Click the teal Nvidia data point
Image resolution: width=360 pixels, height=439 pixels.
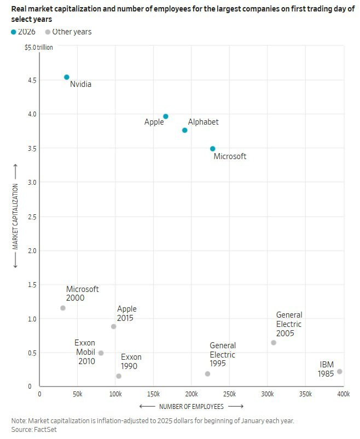pyautogui.click(x=67, y=77)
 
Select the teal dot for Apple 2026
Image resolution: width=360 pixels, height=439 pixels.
pyautogui.click(x=166, y=116)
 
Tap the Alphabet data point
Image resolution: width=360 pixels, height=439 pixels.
pyautogui.click(x=185, y=130)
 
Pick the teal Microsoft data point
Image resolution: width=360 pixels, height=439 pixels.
pyautogui.click(x=213, y=149)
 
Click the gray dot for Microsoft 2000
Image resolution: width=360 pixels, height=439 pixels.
pyautogui.click(x=63, y=308)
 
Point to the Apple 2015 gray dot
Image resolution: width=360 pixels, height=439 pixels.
pyautogui.click(x=114, y=326)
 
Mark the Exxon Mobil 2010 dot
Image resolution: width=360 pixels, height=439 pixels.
pyautogui.click(x=101, y=353)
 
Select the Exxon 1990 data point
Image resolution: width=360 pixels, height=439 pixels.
pyautogui.click(x=119, y=376)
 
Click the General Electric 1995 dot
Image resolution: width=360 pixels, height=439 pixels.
pyautogui.click(x=207, y=374)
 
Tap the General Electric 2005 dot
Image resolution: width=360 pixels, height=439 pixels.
pyautogui.click(x=274, y=343)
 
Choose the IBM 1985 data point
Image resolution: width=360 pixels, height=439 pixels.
pyautogui.click(x=340, y=372)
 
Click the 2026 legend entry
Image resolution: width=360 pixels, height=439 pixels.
pyautogui.click(x=23, y=32)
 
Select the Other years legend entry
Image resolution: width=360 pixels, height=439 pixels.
pyautogui.click(x=68, y=32)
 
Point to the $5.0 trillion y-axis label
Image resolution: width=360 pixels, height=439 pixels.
pyautogui.click(x=39, y=48)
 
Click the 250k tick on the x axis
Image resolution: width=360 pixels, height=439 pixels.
pyautogui.click(x=229, y=394)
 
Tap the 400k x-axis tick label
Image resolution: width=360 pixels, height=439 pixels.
pyautogui.click(x=343, y=394)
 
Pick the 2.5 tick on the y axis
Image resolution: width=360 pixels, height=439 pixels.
pyautogui.click(x=32, y=216)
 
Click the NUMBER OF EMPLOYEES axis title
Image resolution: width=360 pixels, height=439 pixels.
pyautogui.click(x=191, y=407)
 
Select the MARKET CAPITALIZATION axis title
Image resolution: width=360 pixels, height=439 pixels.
pyautogui.click(x=15, y=216)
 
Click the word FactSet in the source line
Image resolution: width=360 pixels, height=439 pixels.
pyautogui.click(x=46, y=430)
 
